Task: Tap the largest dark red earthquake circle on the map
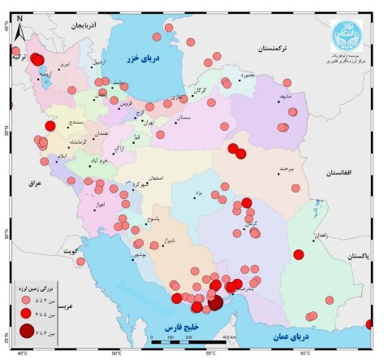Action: pyautogui.click(x=214, y=302)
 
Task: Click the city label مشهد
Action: pyautogui.click(x=284, y=96)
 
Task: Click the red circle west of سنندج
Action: pyautogui.click(x=50, y=126)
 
